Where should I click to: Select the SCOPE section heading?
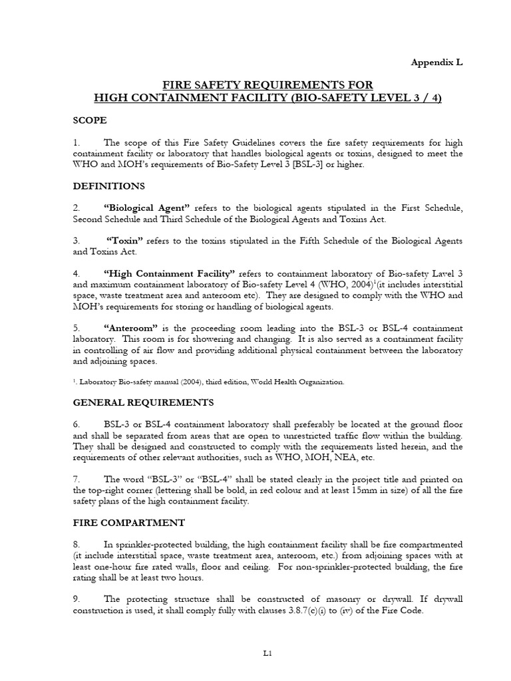click(x=89, y=120)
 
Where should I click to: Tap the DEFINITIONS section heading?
click(x=108, y=186)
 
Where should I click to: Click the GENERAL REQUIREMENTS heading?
click(x=143, y=402)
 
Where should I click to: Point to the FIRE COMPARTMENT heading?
click(x=128, y=522)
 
